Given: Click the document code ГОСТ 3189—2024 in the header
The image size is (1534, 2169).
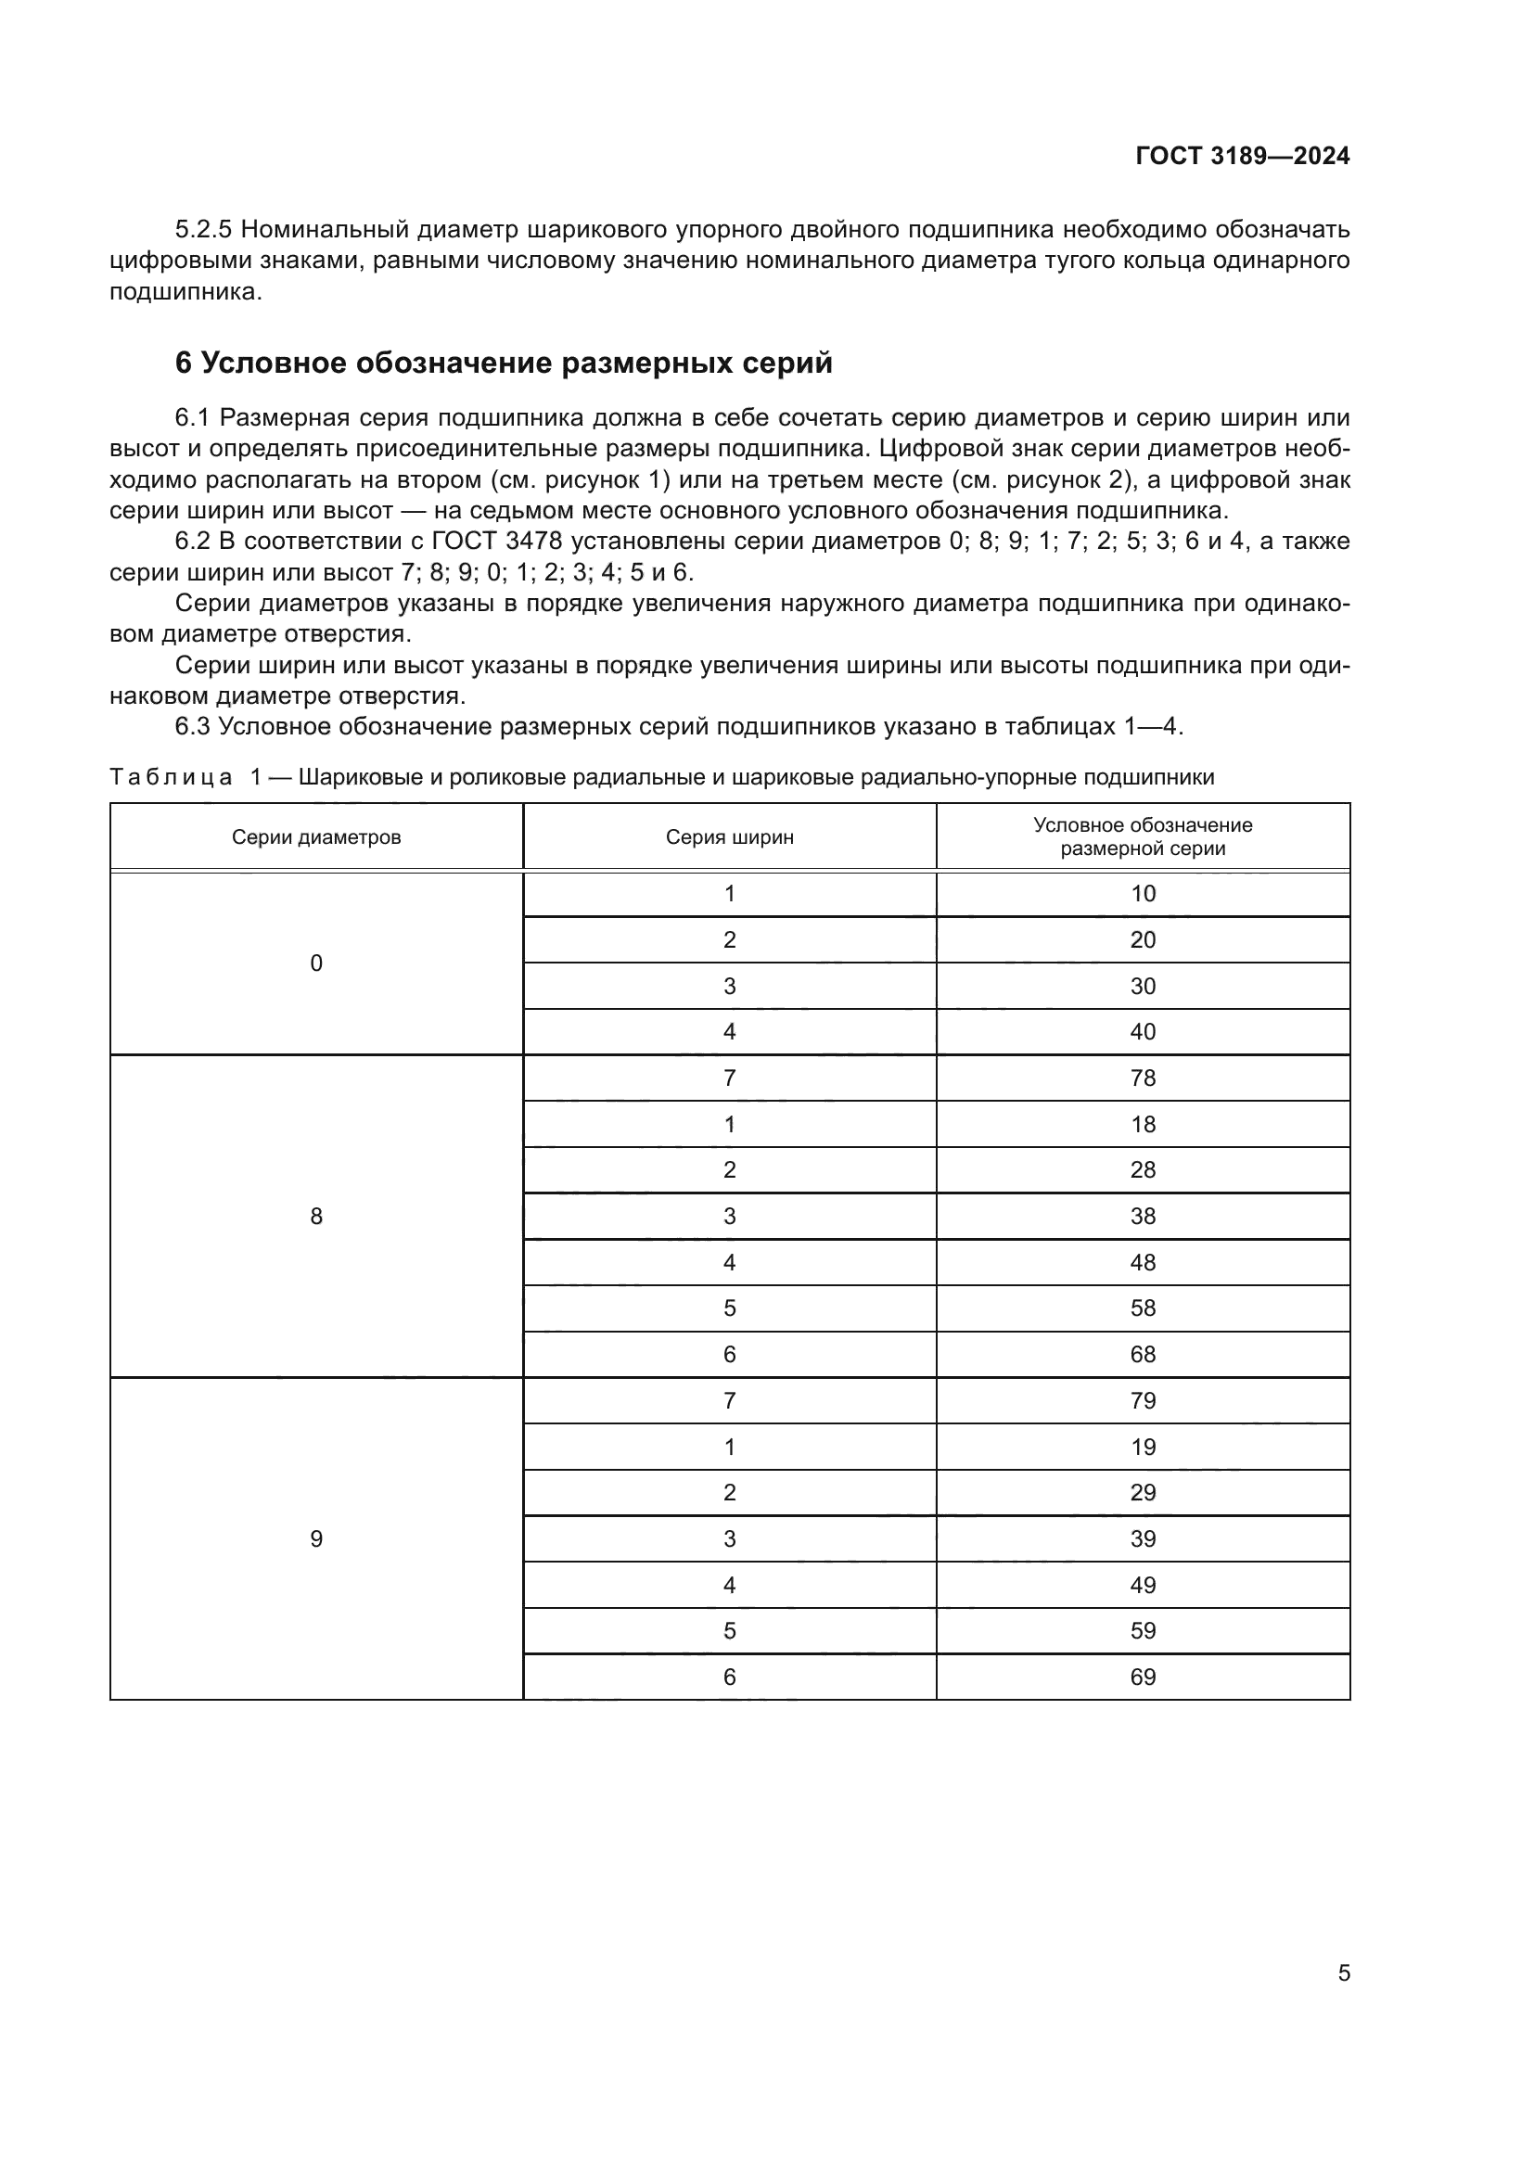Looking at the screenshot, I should click(x=1242, y=156).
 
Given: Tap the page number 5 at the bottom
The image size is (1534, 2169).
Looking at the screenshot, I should click(x=1343, y=1972).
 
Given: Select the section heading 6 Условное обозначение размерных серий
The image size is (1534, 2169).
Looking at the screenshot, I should click(x=504, y=363).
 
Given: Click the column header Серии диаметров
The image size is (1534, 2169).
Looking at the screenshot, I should click(x=316, y=837).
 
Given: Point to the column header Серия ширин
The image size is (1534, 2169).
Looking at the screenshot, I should click(x=729, y=837).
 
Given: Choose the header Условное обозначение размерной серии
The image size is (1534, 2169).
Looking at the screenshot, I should click(x=1143, y=837).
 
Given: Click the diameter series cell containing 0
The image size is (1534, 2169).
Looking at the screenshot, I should click(x=316, y=963).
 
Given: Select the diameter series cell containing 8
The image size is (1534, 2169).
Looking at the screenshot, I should click(x=316, y=1216).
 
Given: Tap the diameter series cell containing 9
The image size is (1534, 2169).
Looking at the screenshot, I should click(x=316, y=1539).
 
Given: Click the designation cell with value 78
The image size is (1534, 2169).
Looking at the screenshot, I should click(x=1143, y=1078).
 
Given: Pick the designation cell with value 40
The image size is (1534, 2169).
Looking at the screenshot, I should click(x=1143, y=1031).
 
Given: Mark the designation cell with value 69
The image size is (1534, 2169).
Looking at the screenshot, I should click(x=1143, y=1677).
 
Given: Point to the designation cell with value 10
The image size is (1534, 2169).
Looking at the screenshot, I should click(x=1143, y=894).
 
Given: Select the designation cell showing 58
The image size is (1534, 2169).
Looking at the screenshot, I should click(x=1143, y=1308).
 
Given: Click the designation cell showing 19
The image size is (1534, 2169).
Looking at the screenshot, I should click(x=1143, y=1447).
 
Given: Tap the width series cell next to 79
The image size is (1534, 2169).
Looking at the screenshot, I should click(x=729, y=1400).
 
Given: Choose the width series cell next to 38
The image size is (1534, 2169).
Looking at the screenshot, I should click(x=729, y=1216).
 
